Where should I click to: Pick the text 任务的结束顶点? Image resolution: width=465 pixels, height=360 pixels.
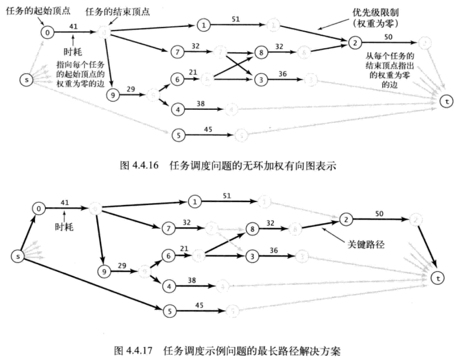click(117, 11)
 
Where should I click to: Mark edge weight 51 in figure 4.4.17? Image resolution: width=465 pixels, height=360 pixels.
click(227, 196)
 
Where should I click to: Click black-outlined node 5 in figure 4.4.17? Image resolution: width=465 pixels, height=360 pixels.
click(170, 310)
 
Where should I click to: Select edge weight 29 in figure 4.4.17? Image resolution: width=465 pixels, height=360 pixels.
click(121, 265)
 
